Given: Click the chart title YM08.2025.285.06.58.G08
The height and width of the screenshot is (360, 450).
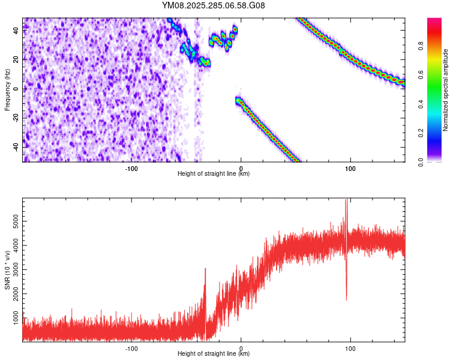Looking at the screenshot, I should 214,6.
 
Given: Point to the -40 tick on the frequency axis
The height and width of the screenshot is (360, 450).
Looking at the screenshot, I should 15,146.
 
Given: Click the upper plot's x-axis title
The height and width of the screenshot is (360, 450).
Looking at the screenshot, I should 214,173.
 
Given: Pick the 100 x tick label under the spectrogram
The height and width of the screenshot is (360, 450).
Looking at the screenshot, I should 350,167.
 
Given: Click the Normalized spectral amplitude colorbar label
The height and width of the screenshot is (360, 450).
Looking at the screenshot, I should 446,90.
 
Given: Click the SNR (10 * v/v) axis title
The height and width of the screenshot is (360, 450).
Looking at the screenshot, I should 7,270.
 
